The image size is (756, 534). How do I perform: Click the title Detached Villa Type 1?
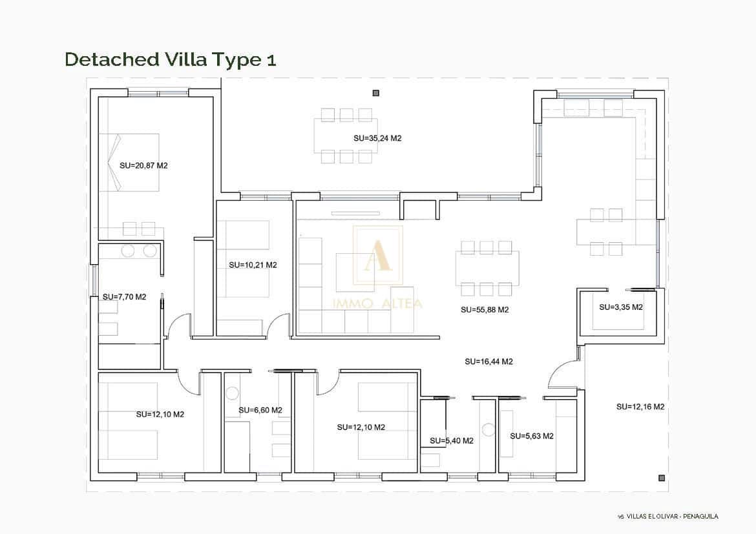coord(170,59)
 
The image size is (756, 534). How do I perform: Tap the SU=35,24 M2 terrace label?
coord(377,138)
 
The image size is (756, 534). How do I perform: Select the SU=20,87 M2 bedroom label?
coord(143,166)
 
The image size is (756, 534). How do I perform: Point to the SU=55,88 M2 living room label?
coord(485,310)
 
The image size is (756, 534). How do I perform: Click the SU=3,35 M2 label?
coord(621,307)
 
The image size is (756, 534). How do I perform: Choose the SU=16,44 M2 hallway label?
coord(489,362)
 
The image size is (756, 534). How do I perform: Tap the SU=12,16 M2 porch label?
coord(640,407)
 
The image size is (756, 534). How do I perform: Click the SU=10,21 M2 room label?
coord(253,265)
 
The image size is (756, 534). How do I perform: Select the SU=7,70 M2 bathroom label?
coord(125,297)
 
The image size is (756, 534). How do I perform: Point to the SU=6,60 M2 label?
coord(260,410)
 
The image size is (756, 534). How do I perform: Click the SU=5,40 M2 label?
coord(452,440)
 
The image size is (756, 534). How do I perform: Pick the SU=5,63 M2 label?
coord(532,436)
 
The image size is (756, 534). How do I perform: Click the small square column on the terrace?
coord(376,93)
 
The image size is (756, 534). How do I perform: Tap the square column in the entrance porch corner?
coord(662,478)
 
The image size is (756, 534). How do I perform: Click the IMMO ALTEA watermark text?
coord(377,303)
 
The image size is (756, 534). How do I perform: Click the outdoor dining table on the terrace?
coord(346,136)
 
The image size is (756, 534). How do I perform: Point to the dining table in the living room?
coord(487,268)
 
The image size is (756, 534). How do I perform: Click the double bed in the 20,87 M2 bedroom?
coord(129,163)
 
